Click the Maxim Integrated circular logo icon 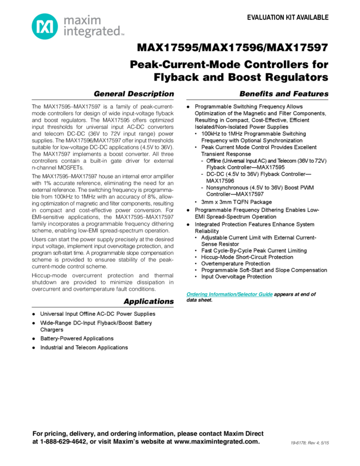click(x=43, y=25)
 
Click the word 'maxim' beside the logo click(x=77, y=21)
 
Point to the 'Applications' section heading click(x=148, y=302)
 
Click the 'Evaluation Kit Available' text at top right click(x=287, y=17)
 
